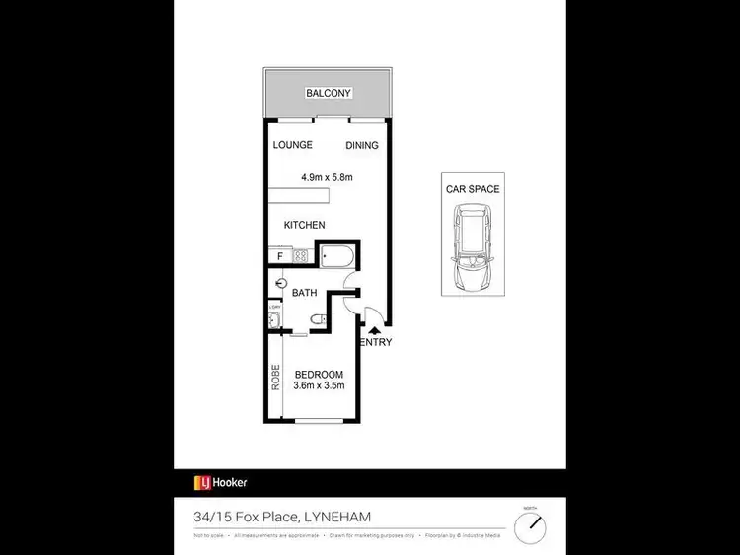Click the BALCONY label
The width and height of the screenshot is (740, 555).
point(329,93)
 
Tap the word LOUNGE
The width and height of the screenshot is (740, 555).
point(293,145)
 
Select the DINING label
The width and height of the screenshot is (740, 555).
point(362,146)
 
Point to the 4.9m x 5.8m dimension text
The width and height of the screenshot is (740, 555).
point(327,177)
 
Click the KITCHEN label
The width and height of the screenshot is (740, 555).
point(304,225)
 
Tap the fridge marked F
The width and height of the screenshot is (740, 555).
point(280,257)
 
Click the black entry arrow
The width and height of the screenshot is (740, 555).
point(373,331)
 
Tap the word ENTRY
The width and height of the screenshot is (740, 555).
point(376,343)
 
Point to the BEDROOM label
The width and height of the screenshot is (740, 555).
point(319,374)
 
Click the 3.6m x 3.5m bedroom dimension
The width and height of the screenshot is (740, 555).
point(319,385)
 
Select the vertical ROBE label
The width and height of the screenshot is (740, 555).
point(276,380)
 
